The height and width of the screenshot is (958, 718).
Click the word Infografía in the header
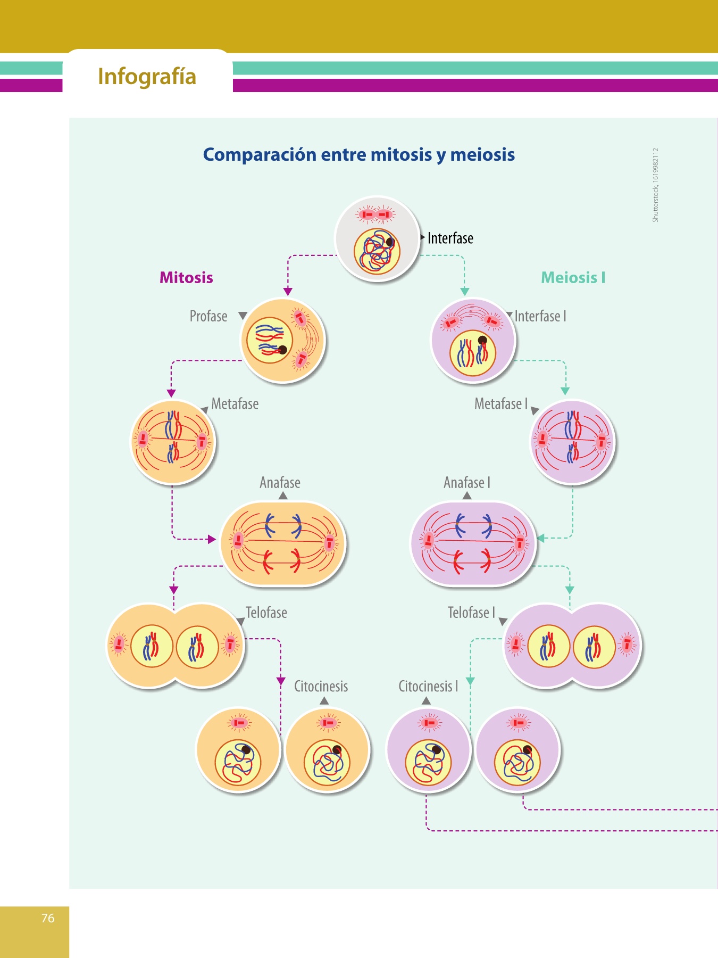click(147, 77)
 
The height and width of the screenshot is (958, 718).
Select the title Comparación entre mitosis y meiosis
click(359, 154)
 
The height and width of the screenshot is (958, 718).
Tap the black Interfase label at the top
click(450, 238)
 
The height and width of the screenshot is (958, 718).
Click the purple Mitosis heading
click(186, 277)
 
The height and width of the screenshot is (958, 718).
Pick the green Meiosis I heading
click(573, 277)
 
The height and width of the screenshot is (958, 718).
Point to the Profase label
click(208, 316)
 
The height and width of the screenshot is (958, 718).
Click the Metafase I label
click(501, 404)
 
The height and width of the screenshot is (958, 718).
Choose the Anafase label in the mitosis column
click(280, 483)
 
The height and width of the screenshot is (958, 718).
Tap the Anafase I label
click(467, 483)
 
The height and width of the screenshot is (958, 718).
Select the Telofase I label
click(471, 613)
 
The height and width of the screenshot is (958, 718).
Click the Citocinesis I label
click(428, 687)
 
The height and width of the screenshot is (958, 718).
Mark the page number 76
click(48, 918)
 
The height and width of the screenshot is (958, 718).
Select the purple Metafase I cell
click(572, 442)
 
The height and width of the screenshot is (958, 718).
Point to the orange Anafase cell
click(282, 543)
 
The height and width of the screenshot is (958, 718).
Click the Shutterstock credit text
click(655, 185)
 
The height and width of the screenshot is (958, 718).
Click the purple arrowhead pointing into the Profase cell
click(288, 292)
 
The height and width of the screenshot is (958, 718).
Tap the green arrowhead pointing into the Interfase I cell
click(464, 292)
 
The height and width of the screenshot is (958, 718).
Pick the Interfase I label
click(540, 316)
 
